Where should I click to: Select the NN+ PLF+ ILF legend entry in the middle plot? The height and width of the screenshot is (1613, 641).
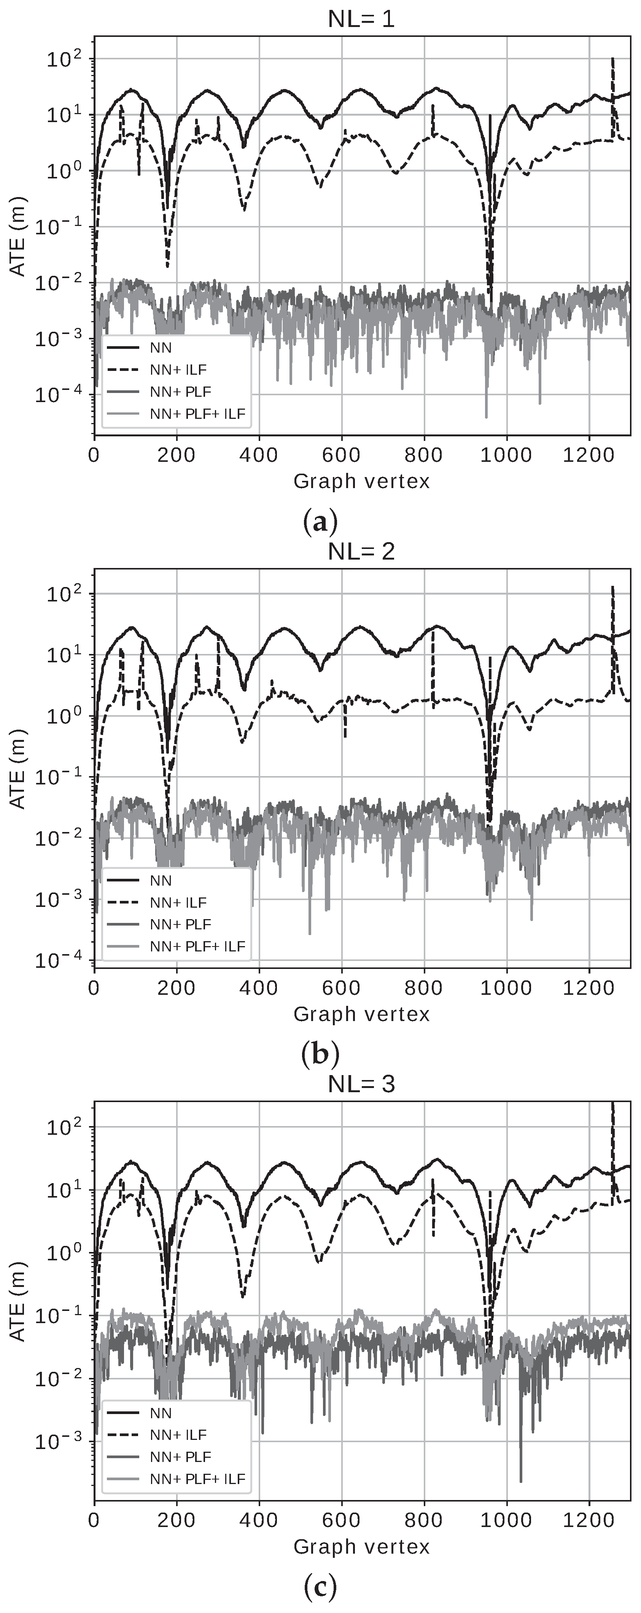[197, 946]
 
